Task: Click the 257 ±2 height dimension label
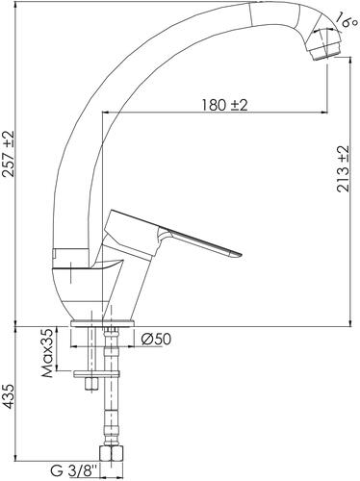pyautogui.click(x=10, y=154)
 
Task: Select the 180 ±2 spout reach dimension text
pyautogui.click(x=224, y=105)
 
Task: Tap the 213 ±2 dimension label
pyautogui.click(x=343, y=169)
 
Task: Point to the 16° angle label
pyautogui.click(x=345, y=21)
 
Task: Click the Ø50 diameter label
pyautogui.click(x=156, y=339)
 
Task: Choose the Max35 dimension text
pyautogui.click(x=47, y=353)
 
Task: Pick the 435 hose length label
pyautogui.click(x=10, y=396)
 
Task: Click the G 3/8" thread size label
pyautogui.click(x=73, y=471)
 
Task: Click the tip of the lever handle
pyautogui.click(x=239, y=254)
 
